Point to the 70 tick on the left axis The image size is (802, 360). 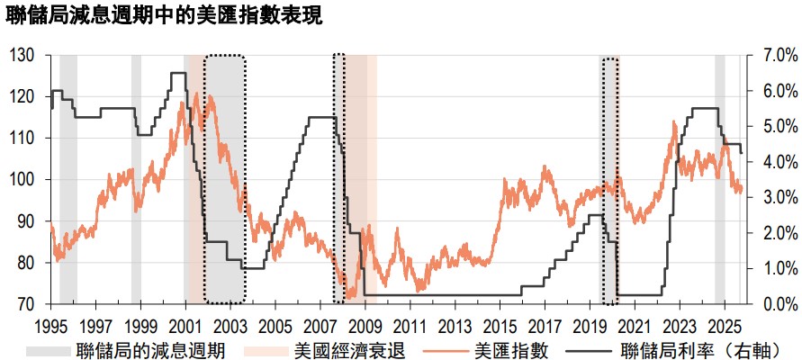[x=26, y=304]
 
